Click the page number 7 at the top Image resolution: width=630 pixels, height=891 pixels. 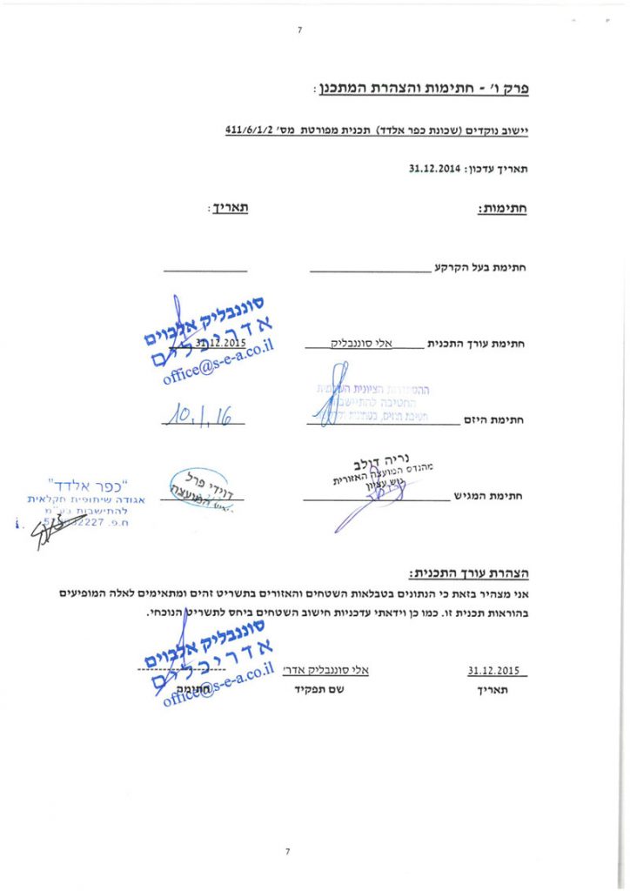[299, 30]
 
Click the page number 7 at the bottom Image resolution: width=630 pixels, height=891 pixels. [287, 851]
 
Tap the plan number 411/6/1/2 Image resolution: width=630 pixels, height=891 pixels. [244, 131]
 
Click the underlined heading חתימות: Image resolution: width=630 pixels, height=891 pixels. [506, 209]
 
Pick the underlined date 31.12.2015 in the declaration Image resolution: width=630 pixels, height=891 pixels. [493, 670]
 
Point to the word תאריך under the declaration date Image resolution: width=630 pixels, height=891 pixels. [493, 690]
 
